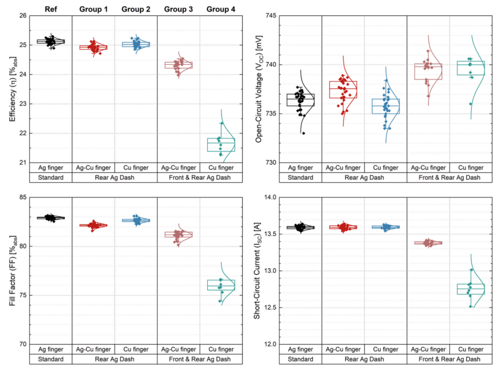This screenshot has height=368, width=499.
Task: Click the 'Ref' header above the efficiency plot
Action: [x=51, y=9]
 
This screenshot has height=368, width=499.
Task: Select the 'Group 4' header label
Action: [x=221, y=9]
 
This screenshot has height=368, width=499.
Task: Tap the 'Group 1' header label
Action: [x=93, y=9]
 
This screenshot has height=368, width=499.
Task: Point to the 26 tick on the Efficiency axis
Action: [x=22, y=16]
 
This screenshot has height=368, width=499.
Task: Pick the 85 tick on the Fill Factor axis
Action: [x=22, y=198]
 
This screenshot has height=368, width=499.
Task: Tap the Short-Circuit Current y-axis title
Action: [x=257, y=271]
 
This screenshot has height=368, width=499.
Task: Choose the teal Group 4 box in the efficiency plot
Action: [x=221, y=145]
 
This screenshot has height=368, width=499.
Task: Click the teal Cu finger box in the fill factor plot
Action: [x=221, y=285]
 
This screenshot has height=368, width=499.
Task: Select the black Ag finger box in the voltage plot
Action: [x=300, y=100]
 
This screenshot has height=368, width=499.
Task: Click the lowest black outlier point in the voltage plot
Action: [x=303, y=133]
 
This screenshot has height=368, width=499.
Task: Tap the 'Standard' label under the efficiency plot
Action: [x=51, y=177]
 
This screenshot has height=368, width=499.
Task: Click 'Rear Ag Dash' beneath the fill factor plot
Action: [x=115, y=359]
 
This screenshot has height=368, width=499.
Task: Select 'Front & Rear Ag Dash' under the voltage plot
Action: [x=450, y=177]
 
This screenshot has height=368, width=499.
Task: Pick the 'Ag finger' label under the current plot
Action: [x=300, y=350]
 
